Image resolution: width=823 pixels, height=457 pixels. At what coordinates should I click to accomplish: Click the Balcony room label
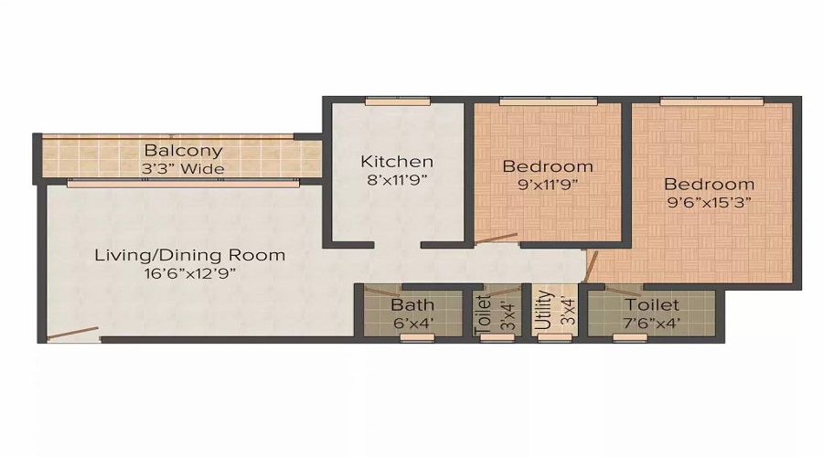tap(183, 150)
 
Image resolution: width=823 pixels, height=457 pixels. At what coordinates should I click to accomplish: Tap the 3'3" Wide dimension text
tap(183, 168)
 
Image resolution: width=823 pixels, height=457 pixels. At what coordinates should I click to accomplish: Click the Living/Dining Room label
tap(190, 255)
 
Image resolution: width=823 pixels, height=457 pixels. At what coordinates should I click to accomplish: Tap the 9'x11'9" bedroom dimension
tap(547, 184)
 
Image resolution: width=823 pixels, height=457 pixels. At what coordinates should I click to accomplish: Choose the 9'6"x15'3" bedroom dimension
tap(710, 202)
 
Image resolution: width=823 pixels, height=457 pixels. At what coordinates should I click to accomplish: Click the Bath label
tap(412, 304)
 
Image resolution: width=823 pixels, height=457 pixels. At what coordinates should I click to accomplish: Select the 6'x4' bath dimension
tap(412, 322)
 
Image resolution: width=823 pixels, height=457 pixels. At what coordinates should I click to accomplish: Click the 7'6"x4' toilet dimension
tap(652, 322)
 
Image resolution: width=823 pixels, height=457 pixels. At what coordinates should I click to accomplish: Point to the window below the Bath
tap(417, 338)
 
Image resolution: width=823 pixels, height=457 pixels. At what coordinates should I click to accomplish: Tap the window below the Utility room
tap(552, 338)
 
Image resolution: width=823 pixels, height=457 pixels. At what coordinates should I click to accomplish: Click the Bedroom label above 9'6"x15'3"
tap(710, 184)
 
